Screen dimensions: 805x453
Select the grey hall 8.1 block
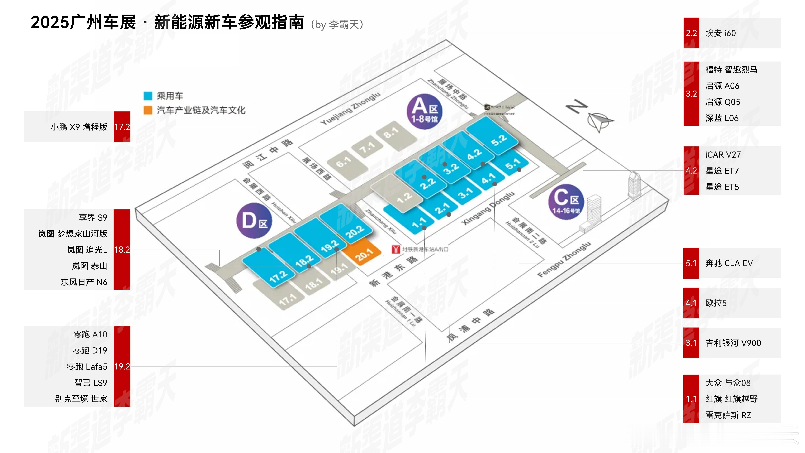pyautogui.click(x=395, y=135)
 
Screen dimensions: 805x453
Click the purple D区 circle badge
pyautogui.click(x=254, y=221)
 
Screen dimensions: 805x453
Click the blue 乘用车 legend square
pyautogui.click(x=148, y=96)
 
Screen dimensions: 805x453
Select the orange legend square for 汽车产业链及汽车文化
pyautogui.click(x=148, y=110)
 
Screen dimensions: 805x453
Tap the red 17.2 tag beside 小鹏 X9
pyautogui.click(x=122, y=127)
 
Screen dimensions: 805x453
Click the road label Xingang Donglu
pyautogui.click(x=488, y=208)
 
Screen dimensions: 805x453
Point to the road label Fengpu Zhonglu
pyautogui.click(x=564, y=260)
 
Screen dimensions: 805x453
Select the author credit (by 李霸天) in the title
pyautogui.click(x=337, y=24)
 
